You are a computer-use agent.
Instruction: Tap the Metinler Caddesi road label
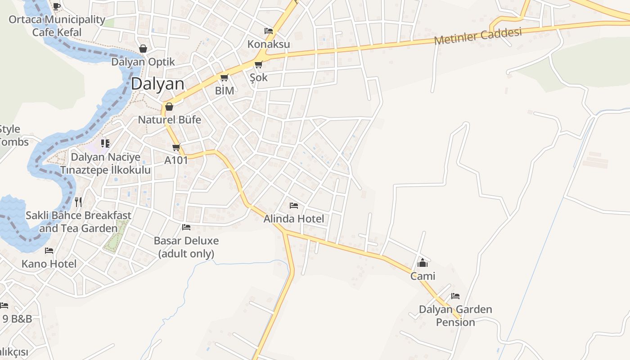click(x=478, y=36)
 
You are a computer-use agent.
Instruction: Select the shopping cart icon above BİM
click(x=224, y=77)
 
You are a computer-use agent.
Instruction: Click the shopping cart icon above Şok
click(x=258, y=65)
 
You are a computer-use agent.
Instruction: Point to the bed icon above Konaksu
click(x=269, y=31)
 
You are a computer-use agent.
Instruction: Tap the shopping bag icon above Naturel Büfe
click(x=169, y=107)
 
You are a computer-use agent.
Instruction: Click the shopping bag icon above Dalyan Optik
click(x=143, y=49)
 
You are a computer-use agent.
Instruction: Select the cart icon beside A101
click(x=176, y=147)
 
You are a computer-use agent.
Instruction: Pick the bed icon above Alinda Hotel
click(x=294, y=206)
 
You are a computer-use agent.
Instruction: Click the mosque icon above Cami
click(x=423, y=263)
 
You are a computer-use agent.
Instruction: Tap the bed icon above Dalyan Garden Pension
click(x=455, y=296)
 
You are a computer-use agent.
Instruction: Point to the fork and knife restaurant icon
click(x=78, y=202)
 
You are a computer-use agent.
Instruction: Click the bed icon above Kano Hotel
click(x=49, y=251)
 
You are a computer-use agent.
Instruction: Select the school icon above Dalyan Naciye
click(x=105, y=144)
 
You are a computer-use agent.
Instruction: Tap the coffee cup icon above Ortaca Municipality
click(x=56, y=6)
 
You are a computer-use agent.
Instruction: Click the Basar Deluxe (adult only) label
click(x=186, y=247)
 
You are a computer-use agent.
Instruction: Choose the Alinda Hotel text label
click(x=294, y=219)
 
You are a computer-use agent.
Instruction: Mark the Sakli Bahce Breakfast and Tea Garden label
click(x=78, y=222)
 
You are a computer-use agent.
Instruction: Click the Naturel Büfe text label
click(x=169, y=120)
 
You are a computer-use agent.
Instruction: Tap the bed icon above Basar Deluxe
click(x=186, y=227)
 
